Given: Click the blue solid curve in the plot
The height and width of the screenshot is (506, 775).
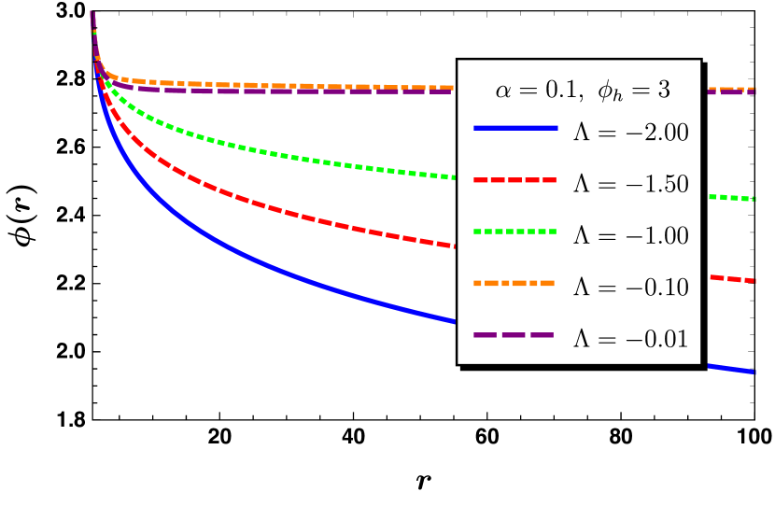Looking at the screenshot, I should (x=280, y=273).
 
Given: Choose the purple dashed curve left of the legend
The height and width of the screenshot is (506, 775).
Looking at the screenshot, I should (x=280, y=91).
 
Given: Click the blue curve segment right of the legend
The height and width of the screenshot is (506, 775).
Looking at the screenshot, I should (x=732, y=369).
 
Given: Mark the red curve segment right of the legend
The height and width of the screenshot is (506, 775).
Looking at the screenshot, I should (x=732, y=278).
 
